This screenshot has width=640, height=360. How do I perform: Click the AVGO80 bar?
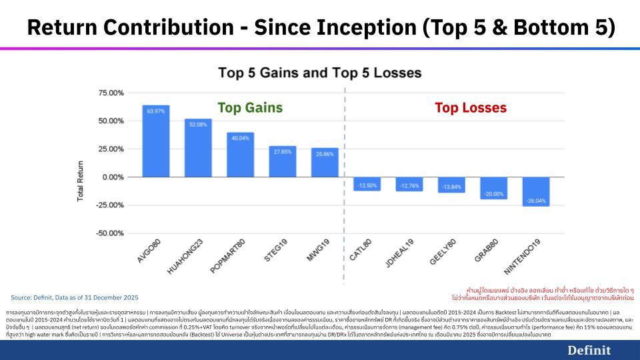(x=155, y=141)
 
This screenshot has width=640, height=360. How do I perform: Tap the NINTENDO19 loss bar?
(x=536, y=191)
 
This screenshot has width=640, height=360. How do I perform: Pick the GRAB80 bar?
(x=493, y=188)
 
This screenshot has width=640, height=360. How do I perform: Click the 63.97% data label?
(x=155, y=111)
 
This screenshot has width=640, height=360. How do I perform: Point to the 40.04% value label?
(x=240, y=137)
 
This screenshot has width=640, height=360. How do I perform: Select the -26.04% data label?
(x=536, y=200)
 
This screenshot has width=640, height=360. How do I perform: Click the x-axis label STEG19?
(x=280, y=256)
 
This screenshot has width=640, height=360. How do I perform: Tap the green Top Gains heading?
(x=250, y=107)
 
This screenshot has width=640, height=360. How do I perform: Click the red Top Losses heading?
(x=471, y=107)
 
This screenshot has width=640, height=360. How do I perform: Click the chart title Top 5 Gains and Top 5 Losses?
(x=320, y=72)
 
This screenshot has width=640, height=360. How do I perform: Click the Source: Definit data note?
(x=75, y=297)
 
